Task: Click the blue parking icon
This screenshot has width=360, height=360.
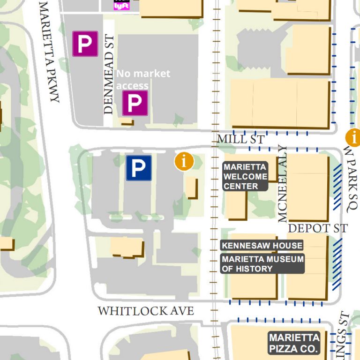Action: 138,168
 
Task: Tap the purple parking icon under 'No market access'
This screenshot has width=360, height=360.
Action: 135,103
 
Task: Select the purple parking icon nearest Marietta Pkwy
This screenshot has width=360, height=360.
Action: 85,44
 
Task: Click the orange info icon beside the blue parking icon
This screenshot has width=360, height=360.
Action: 184,161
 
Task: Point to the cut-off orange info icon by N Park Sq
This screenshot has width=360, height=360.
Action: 354,138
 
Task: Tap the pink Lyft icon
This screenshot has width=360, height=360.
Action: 121,5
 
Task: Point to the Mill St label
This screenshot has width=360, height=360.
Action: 240,139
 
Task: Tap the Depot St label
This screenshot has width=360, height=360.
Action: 317,228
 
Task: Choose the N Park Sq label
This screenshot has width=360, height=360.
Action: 351,179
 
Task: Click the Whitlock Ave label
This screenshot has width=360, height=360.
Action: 145,311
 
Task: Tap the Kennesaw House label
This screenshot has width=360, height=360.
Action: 262,245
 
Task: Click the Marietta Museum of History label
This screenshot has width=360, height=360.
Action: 262,264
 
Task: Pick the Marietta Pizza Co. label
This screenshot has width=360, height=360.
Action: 294,343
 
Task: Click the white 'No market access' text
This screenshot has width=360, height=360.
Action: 142,79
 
